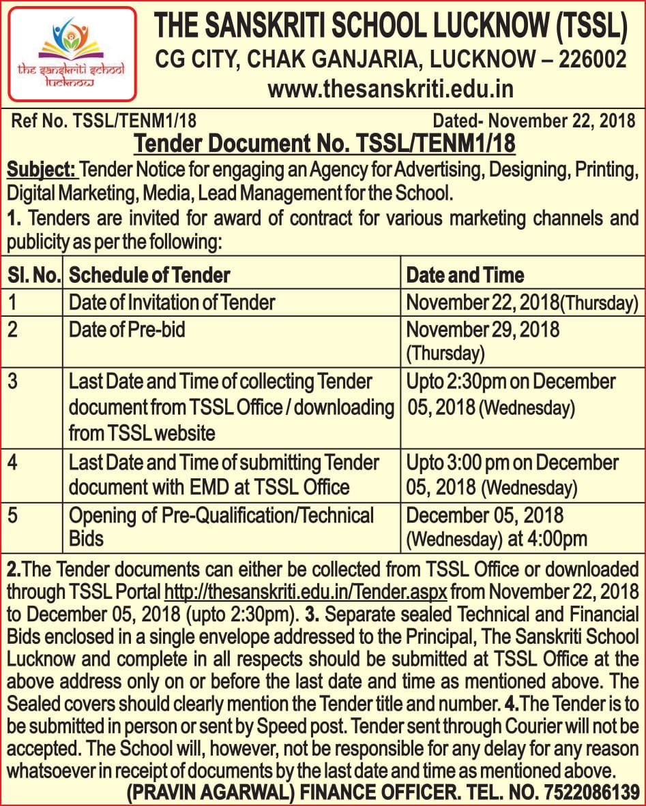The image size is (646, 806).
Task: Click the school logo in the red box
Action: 72,52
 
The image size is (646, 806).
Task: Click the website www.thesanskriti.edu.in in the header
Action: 390,89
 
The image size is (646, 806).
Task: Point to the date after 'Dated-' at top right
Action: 558,122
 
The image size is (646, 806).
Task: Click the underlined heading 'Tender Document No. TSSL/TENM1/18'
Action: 324,144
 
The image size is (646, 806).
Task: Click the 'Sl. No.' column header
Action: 34,275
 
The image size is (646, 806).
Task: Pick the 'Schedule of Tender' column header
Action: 149,275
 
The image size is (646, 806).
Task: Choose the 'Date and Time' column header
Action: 465,275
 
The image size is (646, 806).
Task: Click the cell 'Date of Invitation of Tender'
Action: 172,302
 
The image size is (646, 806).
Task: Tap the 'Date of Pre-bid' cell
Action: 127,330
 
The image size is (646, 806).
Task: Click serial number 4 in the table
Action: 13,463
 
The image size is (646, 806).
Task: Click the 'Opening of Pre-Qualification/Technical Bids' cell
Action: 221,526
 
